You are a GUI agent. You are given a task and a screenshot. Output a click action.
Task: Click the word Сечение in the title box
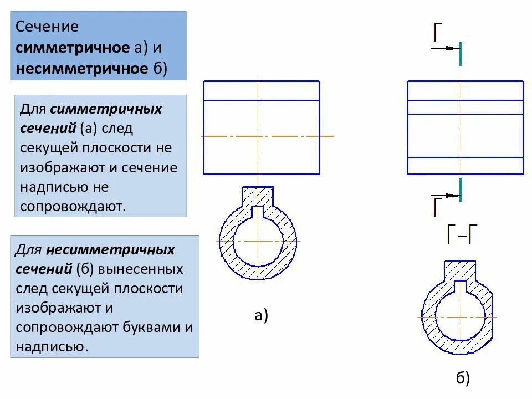(x=47, y=27)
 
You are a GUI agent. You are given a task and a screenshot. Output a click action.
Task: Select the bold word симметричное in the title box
(x=73, y=48)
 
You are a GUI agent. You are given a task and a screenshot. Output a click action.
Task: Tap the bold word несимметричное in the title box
(x=81, y=69)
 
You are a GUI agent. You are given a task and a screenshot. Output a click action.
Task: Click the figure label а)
(x=261, y=316)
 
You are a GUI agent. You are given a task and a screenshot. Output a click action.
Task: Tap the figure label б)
(x=463, y=378)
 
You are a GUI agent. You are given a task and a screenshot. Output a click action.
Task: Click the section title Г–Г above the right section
(x=462, y=235)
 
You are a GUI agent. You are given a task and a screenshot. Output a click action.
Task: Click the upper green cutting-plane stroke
(x=460, y=54)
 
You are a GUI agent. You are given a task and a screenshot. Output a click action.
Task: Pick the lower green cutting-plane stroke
(x=460, y=190)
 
